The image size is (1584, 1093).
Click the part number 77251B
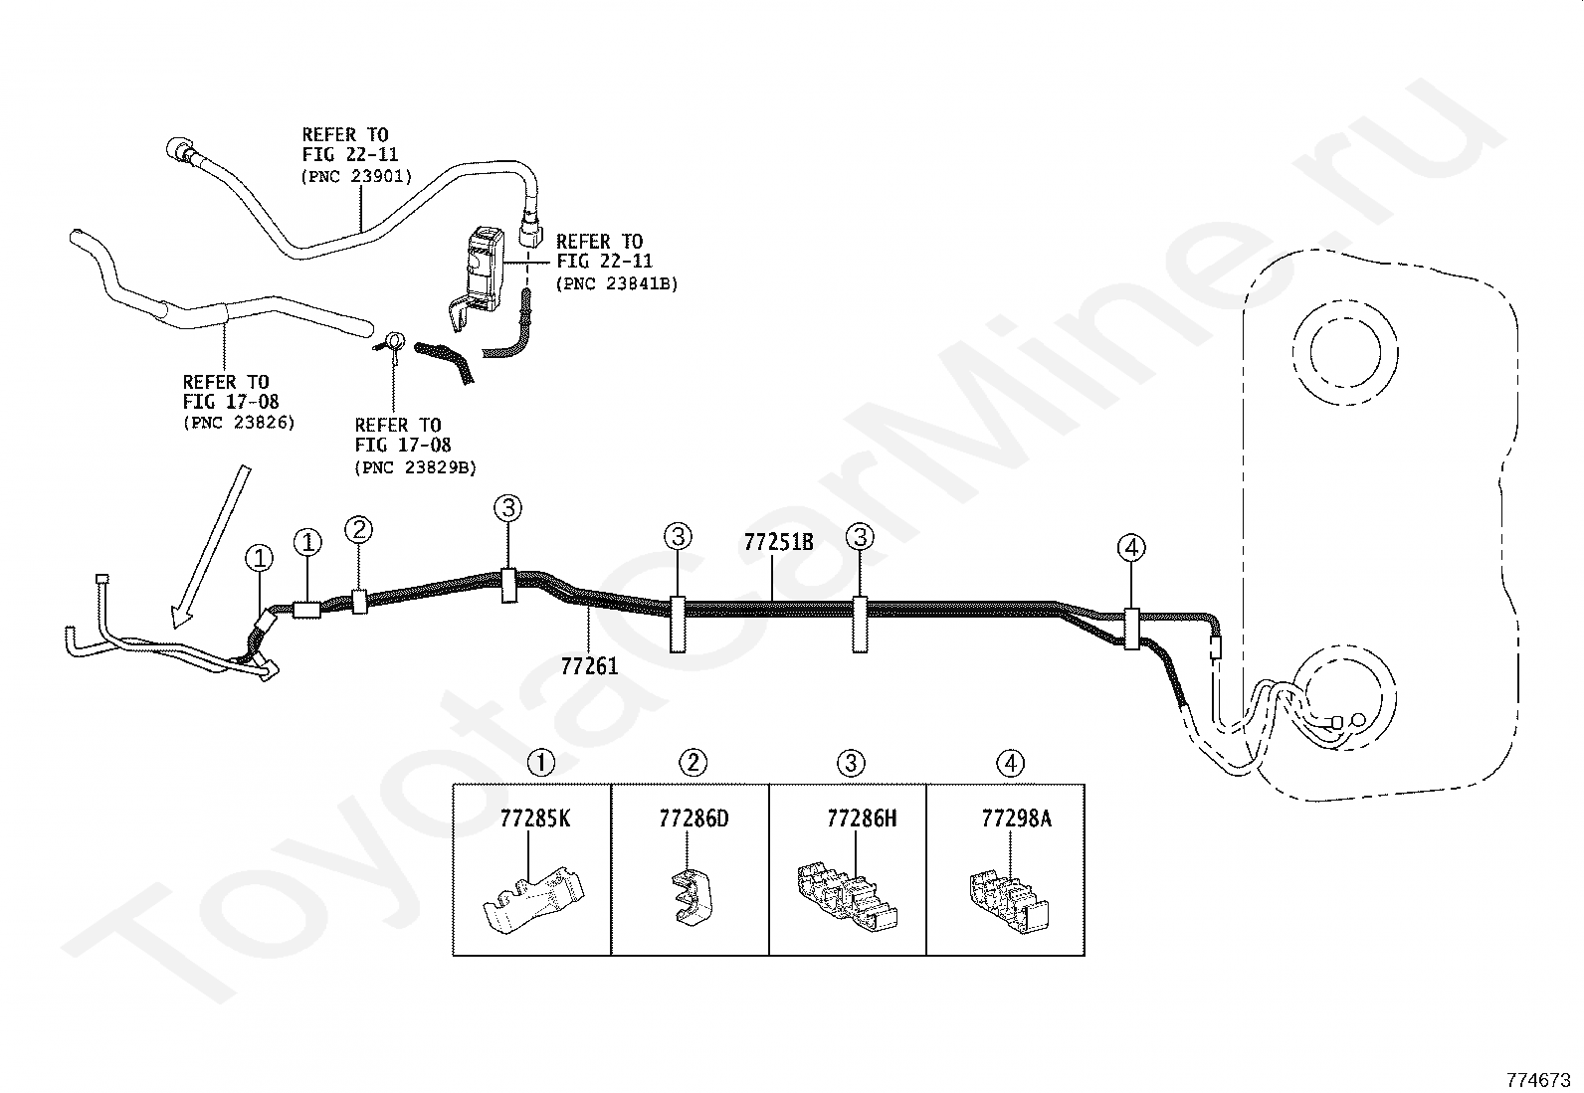(778, 542)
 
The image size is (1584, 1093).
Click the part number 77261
(589, 666)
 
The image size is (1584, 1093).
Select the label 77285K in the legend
(534, 819)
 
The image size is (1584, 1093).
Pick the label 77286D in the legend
(693, 819)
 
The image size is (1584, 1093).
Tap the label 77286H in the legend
(862, 819)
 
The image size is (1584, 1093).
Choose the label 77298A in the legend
(1016, 819)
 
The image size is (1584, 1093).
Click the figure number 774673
(1538, 1080)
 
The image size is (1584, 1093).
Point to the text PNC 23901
(356, 176)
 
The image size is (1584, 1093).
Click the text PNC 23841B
(617, 283)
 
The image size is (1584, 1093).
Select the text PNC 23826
(239, 423)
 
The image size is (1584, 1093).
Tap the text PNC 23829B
(415, 467)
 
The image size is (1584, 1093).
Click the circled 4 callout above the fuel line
(1131, 547)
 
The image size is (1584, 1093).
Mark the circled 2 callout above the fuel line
(358, 529)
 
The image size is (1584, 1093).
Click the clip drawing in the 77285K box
(534, 900)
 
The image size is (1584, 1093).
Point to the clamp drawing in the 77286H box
(847, 896)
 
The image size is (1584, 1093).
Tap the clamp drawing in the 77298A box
(1009, 901)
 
